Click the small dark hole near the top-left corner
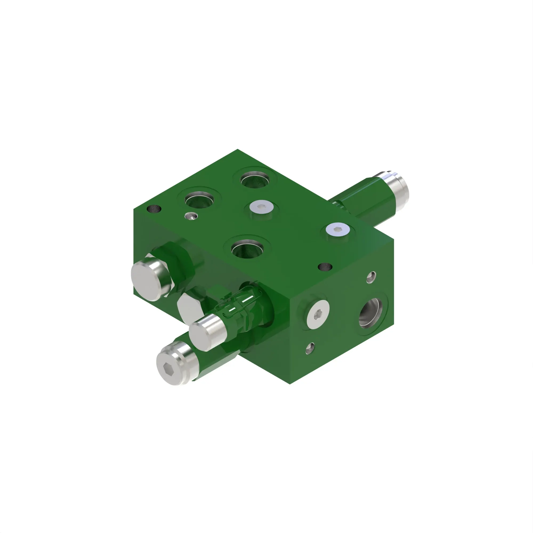pyautogui.click(x=154, y=209)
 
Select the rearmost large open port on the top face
pyautogui.click(x=255, y=180)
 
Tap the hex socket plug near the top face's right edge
pyautogui.click(x=338, y=229)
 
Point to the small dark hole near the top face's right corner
pyautogui.click(x=325, y=267)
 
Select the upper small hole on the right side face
pyautogui.click(x=371, y=277)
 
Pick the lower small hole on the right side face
pyautogui.click(x=310, y=348)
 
